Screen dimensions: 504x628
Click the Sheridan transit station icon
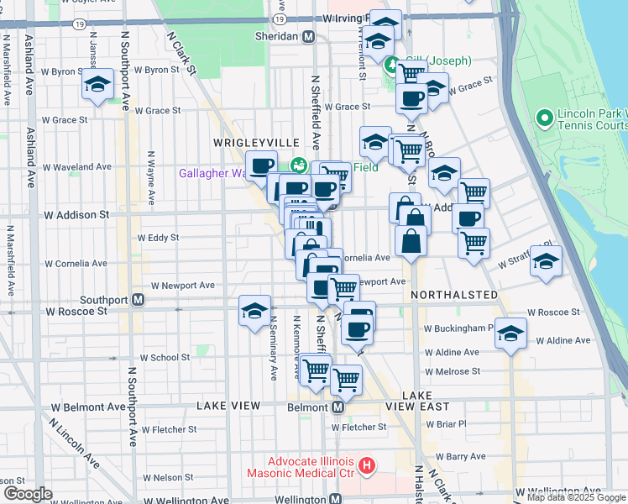(x=309, y=36)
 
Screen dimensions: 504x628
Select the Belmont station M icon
(x=338, y=407)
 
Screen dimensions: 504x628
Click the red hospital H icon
(x=366, y=464)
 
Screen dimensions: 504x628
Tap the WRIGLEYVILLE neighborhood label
(x=244, y=143)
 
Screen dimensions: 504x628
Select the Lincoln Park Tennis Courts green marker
(x=545, y=118)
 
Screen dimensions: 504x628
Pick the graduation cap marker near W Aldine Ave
(x=510, y=333)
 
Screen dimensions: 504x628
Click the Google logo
(x=27, y=494)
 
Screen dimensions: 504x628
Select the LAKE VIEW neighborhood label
(x=229, y=406)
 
